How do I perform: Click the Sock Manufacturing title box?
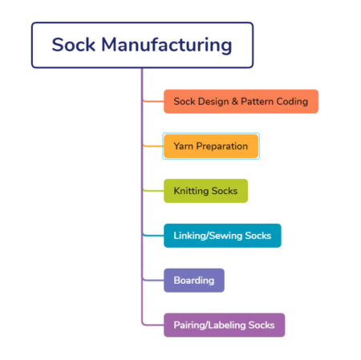[x=142, y=45]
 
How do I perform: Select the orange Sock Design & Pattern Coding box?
[x=241, y=102]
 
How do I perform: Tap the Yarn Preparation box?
[x=211, y=147]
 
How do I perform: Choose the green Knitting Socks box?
[x=205, y=191]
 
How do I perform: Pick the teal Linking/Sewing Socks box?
[x=222, y=236]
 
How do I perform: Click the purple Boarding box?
[x=193, y=280]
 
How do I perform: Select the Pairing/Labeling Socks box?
[x=224, y=325]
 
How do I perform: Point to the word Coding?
[x=292, y=102]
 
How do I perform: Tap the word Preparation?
[x=223, y=147]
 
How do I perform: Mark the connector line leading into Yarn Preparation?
[x=152, y=147]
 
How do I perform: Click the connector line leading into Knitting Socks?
[x=152, y=191]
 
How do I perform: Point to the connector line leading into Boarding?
[x=152, y=280]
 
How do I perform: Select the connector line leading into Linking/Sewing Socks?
[x=152, y=236]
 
